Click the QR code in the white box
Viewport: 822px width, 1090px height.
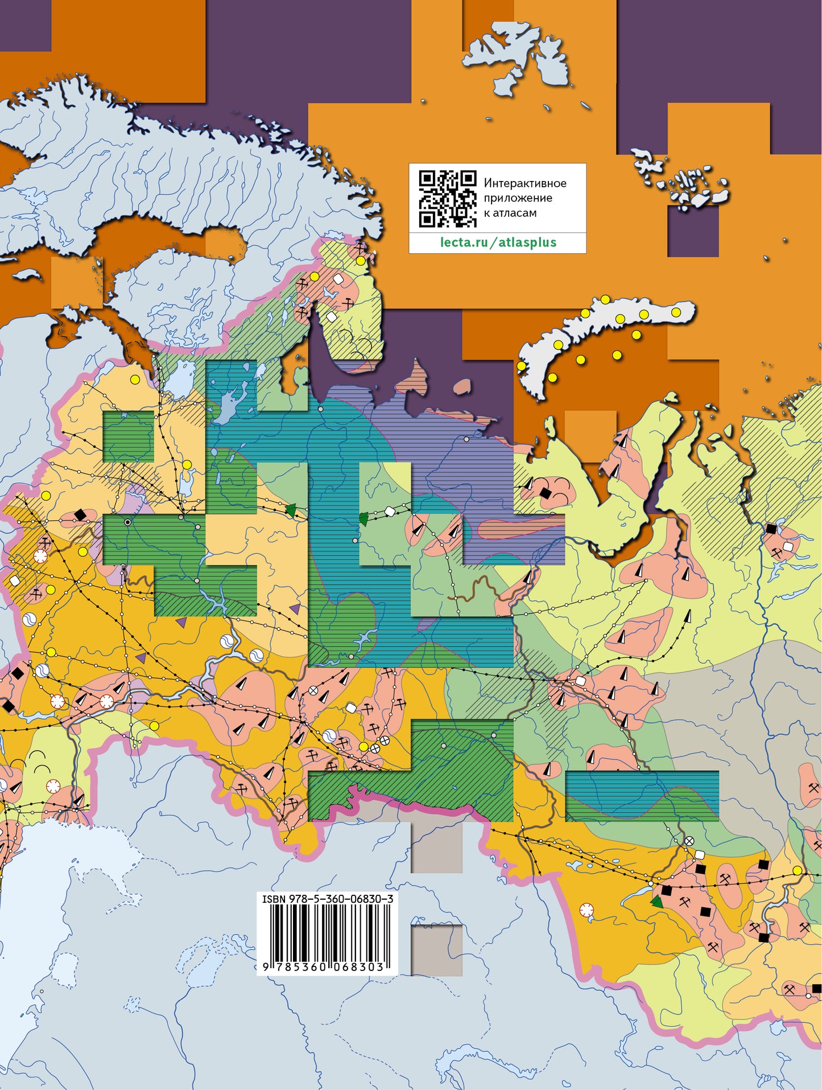[x=447, y=199]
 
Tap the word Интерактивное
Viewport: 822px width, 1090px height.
[x=524, y=183]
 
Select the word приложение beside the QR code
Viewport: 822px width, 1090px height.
[x=518, y=198]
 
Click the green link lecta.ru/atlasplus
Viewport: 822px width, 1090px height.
[x=498, y=242]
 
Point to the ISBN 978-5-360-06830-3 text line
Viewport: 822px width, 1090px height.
[x=327, y=899]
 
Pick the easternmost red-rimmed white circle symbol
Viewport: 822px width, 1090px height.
[x=586, y=910]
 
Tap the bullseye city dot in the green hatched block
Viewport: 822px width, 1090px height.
[x=128, y=522]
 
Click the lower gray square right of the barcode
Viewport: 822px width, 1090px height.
[x=436, y=949]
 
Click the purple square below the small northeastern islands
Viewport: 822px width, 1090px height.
[x=692, y=231]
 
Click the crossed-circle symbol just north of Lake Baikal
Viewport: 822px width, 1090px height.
[x=689, y=840]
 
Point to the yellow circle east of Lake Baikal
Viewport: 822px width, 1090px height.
[x=797, y=870]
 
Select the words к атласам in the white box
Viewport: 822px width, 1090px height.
[x=510, y=213]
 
